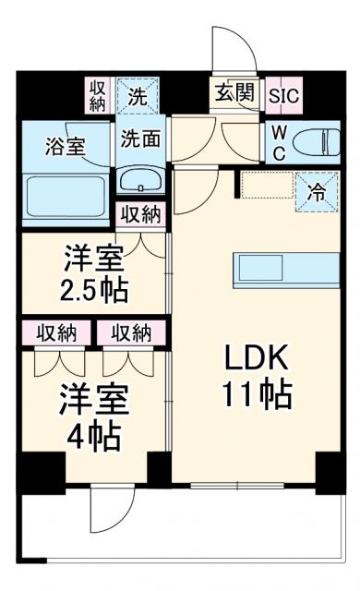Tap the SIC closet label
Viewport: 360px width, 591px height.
tap(287, 93)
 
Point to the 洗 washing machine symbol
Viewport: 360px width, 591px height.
tap(138, 94)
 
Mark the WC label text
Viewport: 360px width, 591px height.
tap(276, 140)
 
